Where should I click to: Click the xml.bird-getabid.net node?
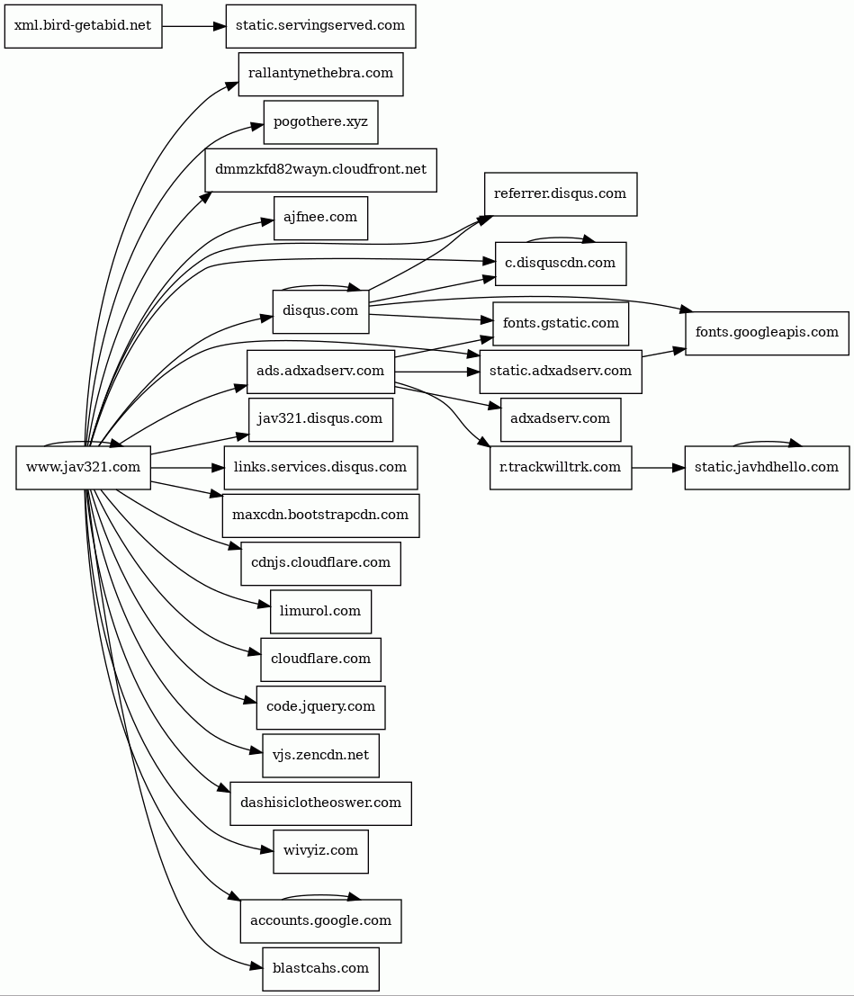pos(83,26)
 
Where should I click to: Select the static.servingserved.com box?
pos(321,26)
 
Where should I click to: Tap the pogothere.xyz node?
pos(321,122)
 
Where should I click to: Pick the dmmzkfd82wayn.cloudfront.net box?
pos(321,170)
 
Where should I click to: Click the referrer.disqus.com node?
pos(561,193)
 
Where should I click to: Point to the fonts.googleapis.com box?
pos(767,333)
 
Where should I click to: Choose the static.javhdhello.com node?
pos(767,468)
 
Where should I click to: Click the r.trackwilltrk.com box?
pos(561,468)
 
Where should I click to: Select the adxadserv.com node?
pos(561,419)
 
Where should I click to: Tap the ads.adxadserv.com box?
pos(321,372)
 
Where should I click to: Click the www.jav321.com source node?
pos(83,468)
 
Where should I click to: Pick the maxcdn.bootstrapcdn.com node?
pos(321,516)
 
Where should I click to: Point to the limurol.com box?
pos(321,612)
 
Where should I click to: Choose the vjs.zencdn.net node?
pos(321,755)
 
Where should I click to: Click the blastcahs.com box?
pos(321,969)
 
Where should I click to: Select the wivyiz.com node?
pos(321,851)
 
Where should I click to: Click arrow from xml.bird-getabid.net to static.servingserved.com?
pos(193,26)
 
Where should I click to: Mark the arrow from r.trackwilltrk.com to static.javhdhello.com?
pos(659,468)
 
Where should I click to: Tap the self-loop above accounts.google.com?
pos(321,895)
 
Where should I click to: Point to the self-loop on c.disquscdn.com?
pos(561,238)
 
